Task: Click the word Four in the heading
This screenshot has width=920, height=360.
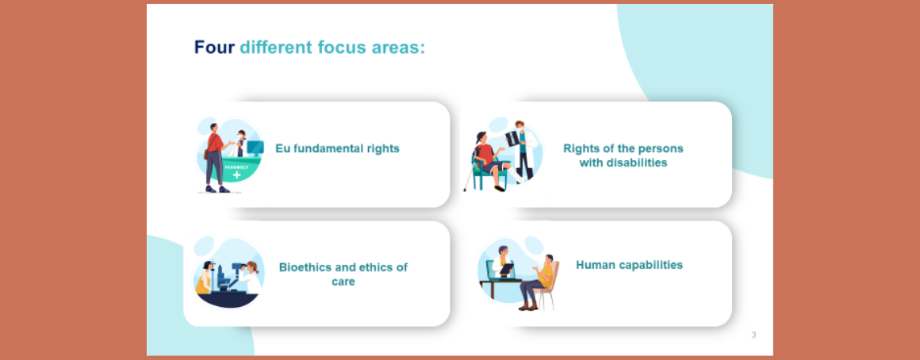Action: tap(214, 47)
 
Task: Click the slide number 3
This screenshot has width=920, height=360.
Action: tap(754, 335)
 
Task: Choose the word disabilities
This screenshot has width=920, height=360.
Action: tap(623, 163)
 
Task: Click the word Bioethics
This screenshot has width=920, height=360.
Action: tap(304, 267)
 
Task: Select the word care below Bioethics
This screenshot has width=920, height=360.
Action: tap(343, 282)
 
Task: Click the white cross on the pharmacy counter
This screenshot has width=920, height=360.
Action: tap(236, 174)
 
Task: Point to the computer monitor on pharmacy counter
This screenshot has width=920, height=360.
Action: tap(255, 147)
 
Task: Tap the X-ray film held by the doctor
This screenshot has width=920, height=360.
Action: tap(513, 138)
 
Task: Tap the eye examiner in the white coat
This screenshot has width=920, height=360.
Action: tap(250, 278)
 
